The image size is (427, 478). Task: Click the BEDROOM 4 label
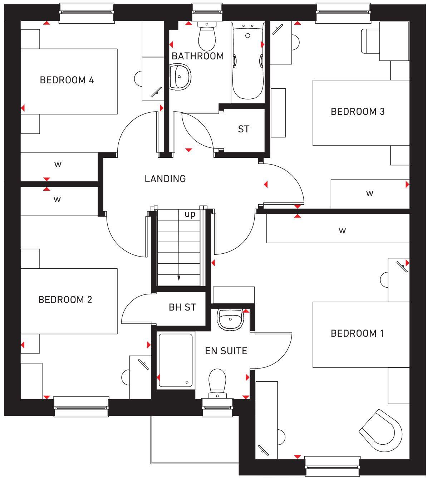click(67, 80)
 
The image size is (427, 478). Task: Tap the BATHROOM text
click(197, 56)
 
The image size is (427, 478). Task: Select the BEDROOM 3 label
click(358, 112)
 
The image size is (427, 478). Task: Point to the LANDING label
click(165, 179)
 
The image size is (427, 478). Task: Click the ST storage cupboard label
click(244, 129)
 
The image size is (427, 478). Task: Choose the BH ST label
click(182, 307)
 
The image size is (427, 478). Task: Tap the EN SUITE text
click(226, 351)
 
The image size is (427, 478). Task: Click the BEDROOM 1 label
click(357, 333)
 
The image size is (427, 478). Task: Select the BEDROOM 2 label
click(65, 299)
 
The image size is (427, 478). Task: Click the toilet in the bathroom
click(207, 36)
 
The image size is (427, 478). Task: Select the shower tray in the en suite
click(176, 360)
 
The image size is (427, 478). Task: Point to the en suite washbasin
click(231, 318)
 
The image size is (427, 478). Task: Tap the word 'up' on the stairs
click(190, 214)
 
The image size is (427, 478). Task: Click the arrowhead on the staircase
click(179, 278)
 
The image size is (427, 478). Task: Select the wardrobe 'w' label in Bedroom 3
click(370, 194)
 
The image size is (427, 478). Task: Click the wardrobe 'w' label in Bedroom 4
click(58, 165)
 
